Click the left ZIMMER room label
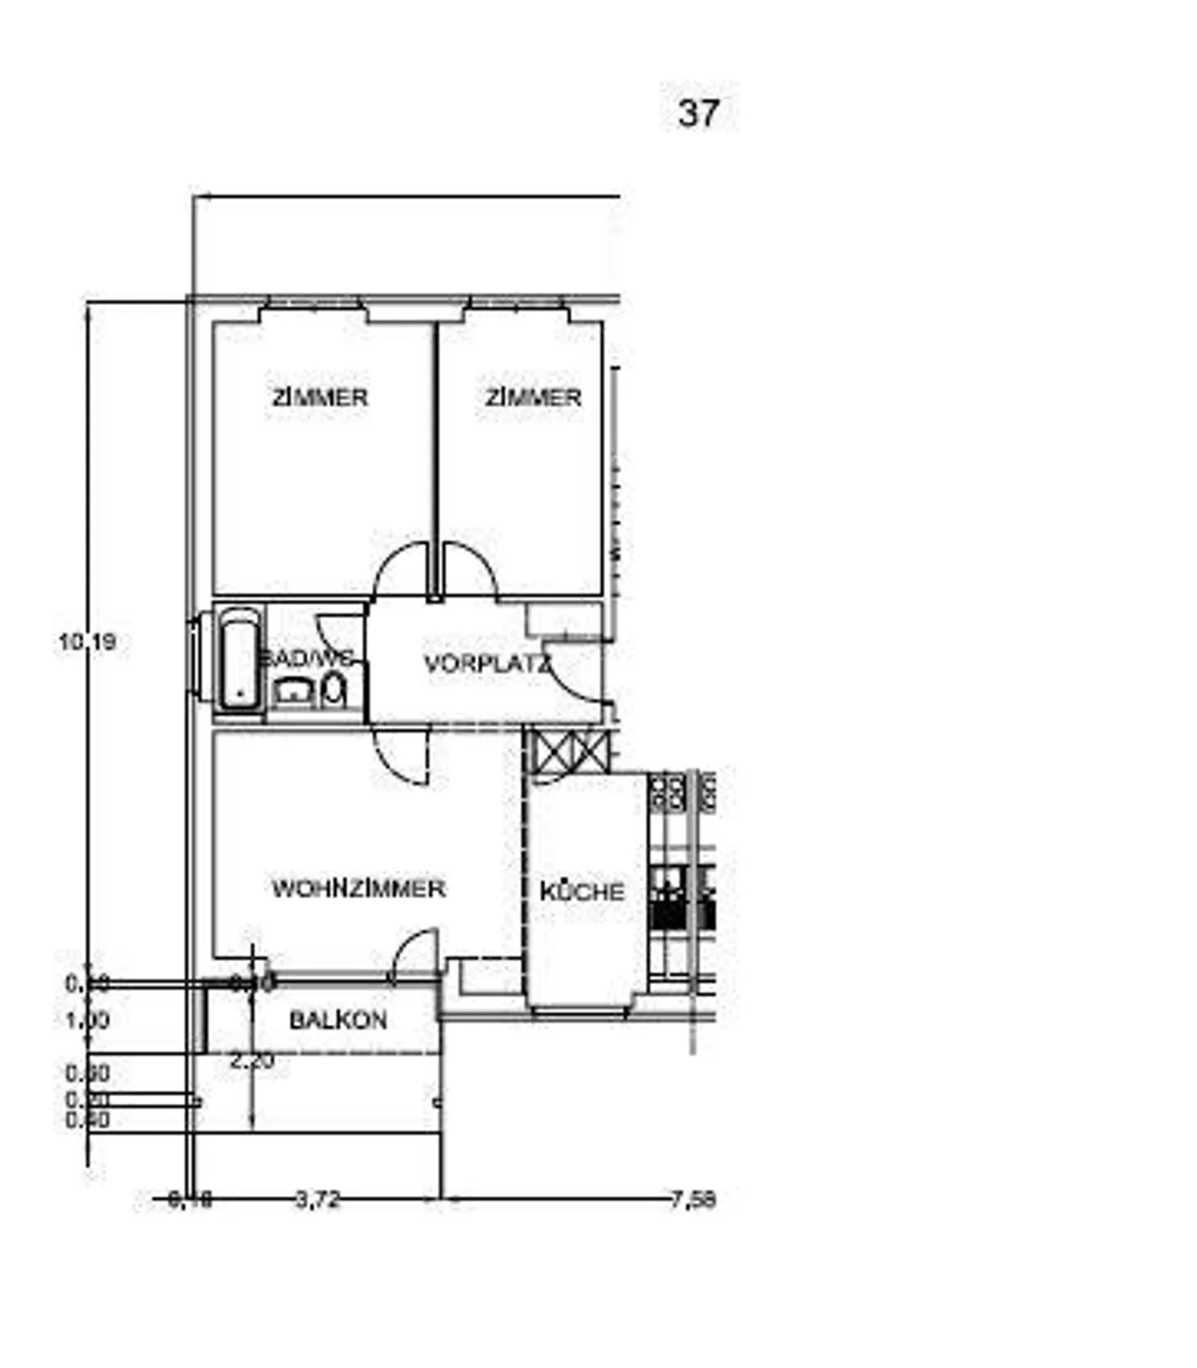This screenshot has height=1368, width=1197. [320, 397]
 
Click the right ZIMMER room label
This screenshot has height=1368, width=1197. [533, 397]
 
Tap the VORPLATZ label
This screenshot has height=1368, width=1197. [487, 664]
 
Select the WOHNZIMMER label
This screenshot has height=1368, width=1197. [359, 888]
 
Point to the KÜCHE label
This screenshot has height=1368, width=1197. [582, 892]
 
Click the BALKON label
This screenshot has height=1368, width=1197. [338, 1020]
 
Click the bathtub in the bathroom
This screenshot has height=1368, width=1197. [239, 657]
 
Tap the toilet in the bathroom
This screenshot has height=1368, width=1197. [334, 690]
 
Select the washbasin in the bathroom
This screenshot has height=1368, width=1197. [293, 691]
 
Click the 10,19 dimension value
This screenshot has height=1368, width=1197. [87, 642]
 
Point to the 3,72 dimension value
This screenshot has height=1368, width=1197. [318, 1199]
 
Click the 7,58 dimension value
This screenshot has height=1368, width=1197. [693, 1199]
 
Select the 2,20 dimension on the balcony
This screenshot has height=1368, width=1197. [252, 1061]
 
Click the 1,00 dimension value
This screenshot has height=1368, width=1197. [87, 1020]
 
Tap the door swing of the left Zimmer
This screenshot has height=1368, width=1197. [401, 569]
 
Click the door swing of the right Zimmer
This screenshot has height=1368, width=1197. [470, 569]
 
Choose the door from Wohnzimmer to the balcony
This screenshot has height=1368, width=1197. [415, 954]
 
